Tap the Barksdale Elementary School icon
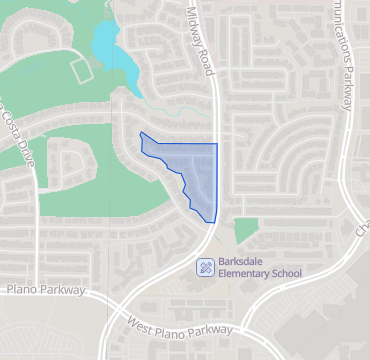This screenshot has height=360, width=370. click(x=204, y=266)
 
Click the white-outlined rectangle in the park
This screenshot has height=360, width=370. click(x=81, y=71)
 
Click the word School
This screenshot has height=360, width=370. click(x=290, y=273)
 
